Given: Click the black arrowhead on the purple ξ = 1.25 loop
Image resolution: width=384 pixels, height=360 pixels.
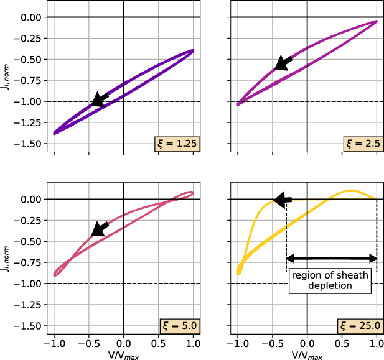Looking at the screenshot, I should pyautogui.click(x=98, y=100).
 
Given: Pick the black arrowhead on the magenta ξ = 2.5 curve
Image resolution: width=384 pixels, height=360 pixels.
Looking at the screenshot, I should pyautogui.click(x=282, y=63).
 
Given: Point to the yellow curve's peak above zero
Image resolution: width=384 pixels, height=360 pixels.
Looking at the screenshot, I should pyautogui.click(x=351, y=190).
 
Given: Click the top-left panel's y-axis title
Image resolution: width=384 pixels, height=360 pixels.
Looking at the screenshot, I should pyautogui.click(x=8, y=81).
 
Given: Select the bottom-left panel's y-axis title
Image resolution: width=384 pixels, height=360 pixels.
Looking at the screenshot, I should pyautogui.click(x=8, y=263).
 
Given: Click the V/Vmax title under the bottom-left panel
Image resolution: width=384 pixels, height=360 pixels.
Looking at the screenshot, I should pyautogui.click(x=123, y=356).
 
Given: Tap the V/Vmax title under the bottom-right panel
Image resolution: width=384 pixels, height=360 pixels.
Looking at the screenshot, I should pyautogui.click(x=307, y=356).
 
